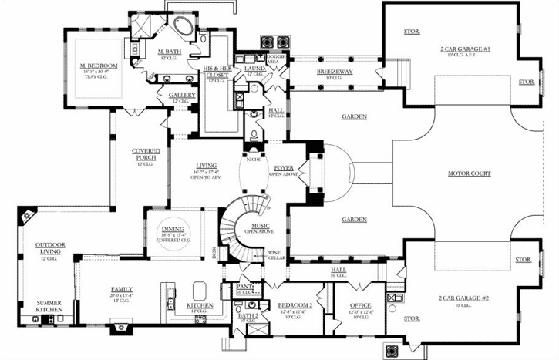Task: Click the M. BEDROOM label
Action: (x=98, y=66)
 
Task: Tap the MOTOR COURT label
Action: (x=470, y=173)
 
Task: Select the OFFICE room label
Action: (x=361, y=305)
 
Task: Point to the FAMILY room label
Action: (x=122, y=288)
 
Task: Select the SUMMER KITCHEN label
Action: (x=46, y=303)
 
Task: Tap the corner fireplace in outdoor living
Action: (x=27, y=216)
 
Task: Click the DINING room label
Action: (x=172, y=229)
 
